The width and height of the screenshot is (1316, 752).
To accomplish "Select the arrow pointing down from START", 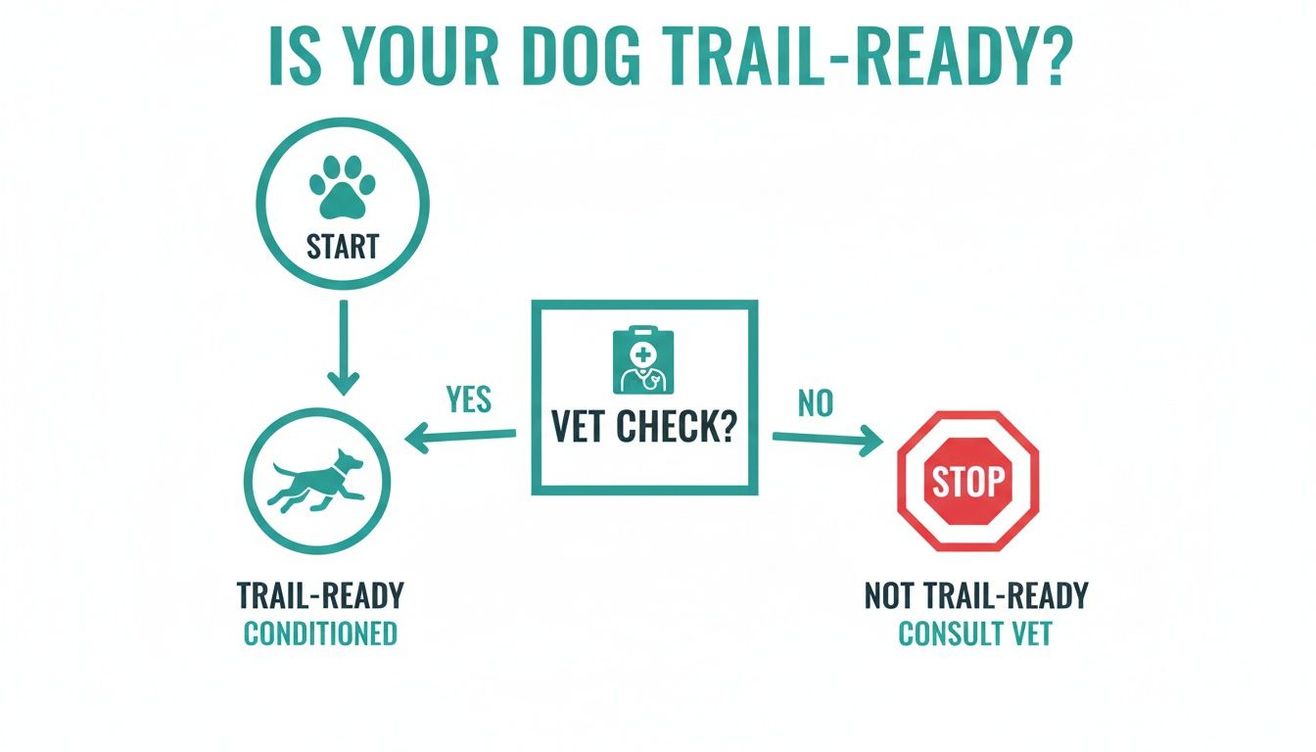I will click(x=343, y=348).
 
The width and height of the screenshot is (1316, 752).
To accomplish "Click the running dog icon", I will click(x=316, y=480).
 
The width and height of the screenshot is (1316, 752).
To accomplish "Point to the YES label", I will click(x=468, y=399).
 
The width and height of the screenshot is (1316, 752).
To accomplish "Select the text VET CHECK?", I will click(x=643, y=429).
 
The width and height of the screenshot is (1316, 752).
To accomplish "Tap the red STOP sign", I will click(x=967, y=482).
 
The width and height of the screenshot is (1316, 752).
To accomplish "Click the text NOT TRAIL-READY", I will click(x=975, y=595).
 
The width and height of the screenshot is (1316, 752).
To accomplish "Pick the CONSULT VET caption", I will click(x=974, y=634).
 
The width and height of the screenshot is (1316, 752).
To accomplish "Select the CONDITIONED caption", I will click(x=320, y=634).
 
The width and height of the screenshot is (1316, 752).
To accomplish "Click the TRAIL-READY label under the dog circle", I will click(x=320, y=595).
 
